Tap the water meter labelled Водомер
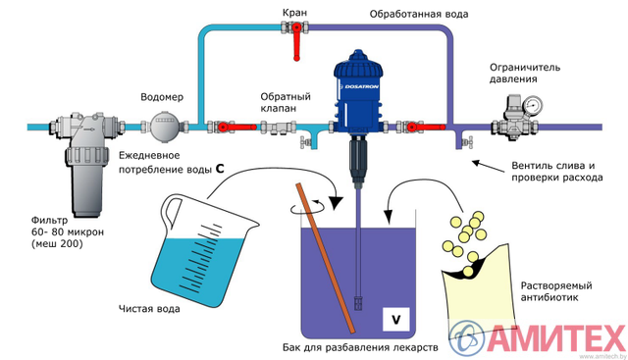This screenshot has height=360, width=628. coord(163,127)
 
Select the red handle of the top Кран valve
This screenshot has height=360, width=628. coord(296,42)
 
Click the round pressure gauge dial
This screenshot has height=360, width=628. coord(533,105)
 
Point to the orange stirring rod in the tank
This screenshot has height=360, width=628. coord(325,257)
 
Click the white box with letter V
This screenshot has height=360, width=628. coord(395,320)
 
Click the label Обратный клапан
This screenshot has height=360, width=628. coord(286,103)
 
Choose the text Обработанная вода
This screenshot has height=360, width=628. coord(419,15)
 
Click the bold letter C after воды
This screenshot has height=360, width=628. coord(220,169)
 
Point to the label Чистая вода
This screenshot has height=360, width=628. coord(149,309)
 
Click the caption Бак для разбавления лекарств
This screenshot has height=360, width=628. coord(360,347)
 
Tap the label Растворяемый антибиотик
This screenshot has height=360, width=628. coord(556,291)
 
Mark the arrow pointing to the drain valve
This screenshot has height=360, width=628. coord(488,167)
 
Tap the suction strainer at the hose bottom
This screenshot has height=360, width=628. coord(358,302)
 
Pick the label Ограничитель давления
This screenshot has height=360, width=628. coord(525,73)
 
